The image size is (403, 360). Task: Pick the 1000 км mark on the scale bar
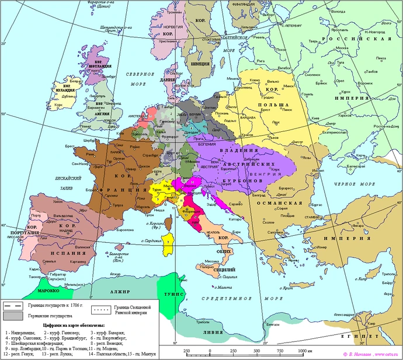click(301, 350)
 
